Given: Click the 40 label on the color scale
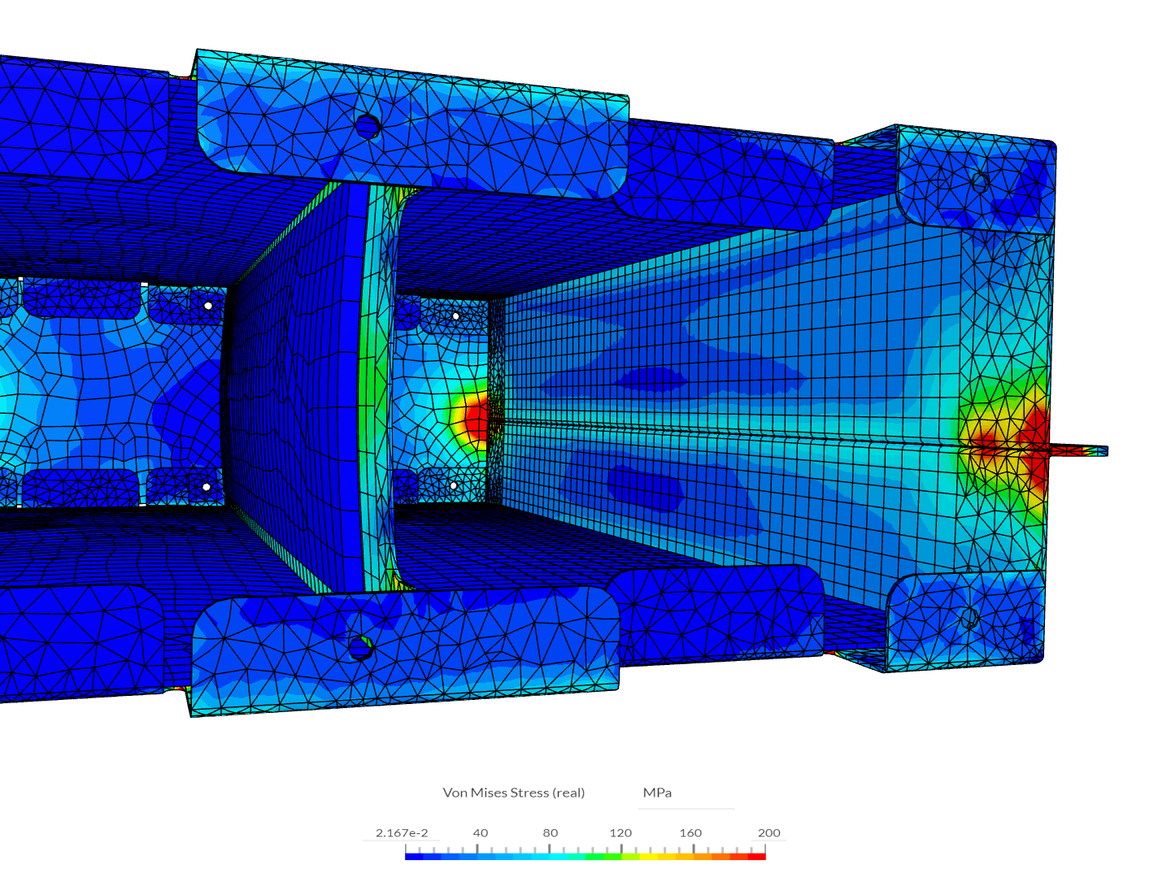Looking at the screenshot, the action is [480, 832].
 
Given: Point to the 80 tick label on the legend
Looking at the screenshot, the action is [550, 832].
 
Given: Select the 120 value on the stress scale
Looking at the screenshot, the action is [620, 832].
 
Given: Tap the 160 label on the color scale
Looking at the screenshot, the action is [690, 832].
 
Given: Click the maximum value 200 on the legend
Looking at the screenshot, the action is [768, 832].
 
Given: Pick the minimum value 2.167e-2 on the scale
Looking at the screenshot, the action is [402, 832].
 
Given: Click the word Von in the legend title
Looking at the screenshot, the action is [454, 793].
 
